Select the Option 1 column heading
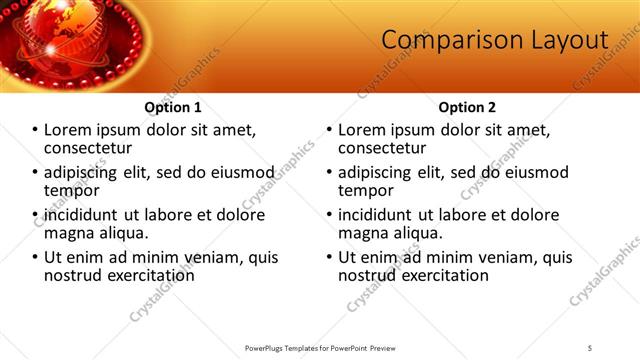(173, 107)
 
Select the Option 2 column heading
(467, 107)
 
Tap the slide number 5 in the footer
(590, 347)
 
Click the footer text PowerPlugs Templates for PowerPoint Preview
(320, 347)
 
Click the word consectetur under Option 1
(90, 148)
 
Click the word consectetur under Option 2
(384, 148)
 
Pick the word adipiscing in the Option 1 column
(81, 172)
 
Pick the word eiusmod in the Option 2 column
(534, 172)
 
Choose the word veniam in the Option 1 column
(206, 257)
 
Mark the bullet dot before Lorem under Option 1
(35, 130)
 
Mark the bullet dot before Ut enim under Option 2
(329, 257)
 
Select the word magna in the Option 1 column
(68, 233)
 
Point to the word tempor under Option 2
(366, 190)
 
